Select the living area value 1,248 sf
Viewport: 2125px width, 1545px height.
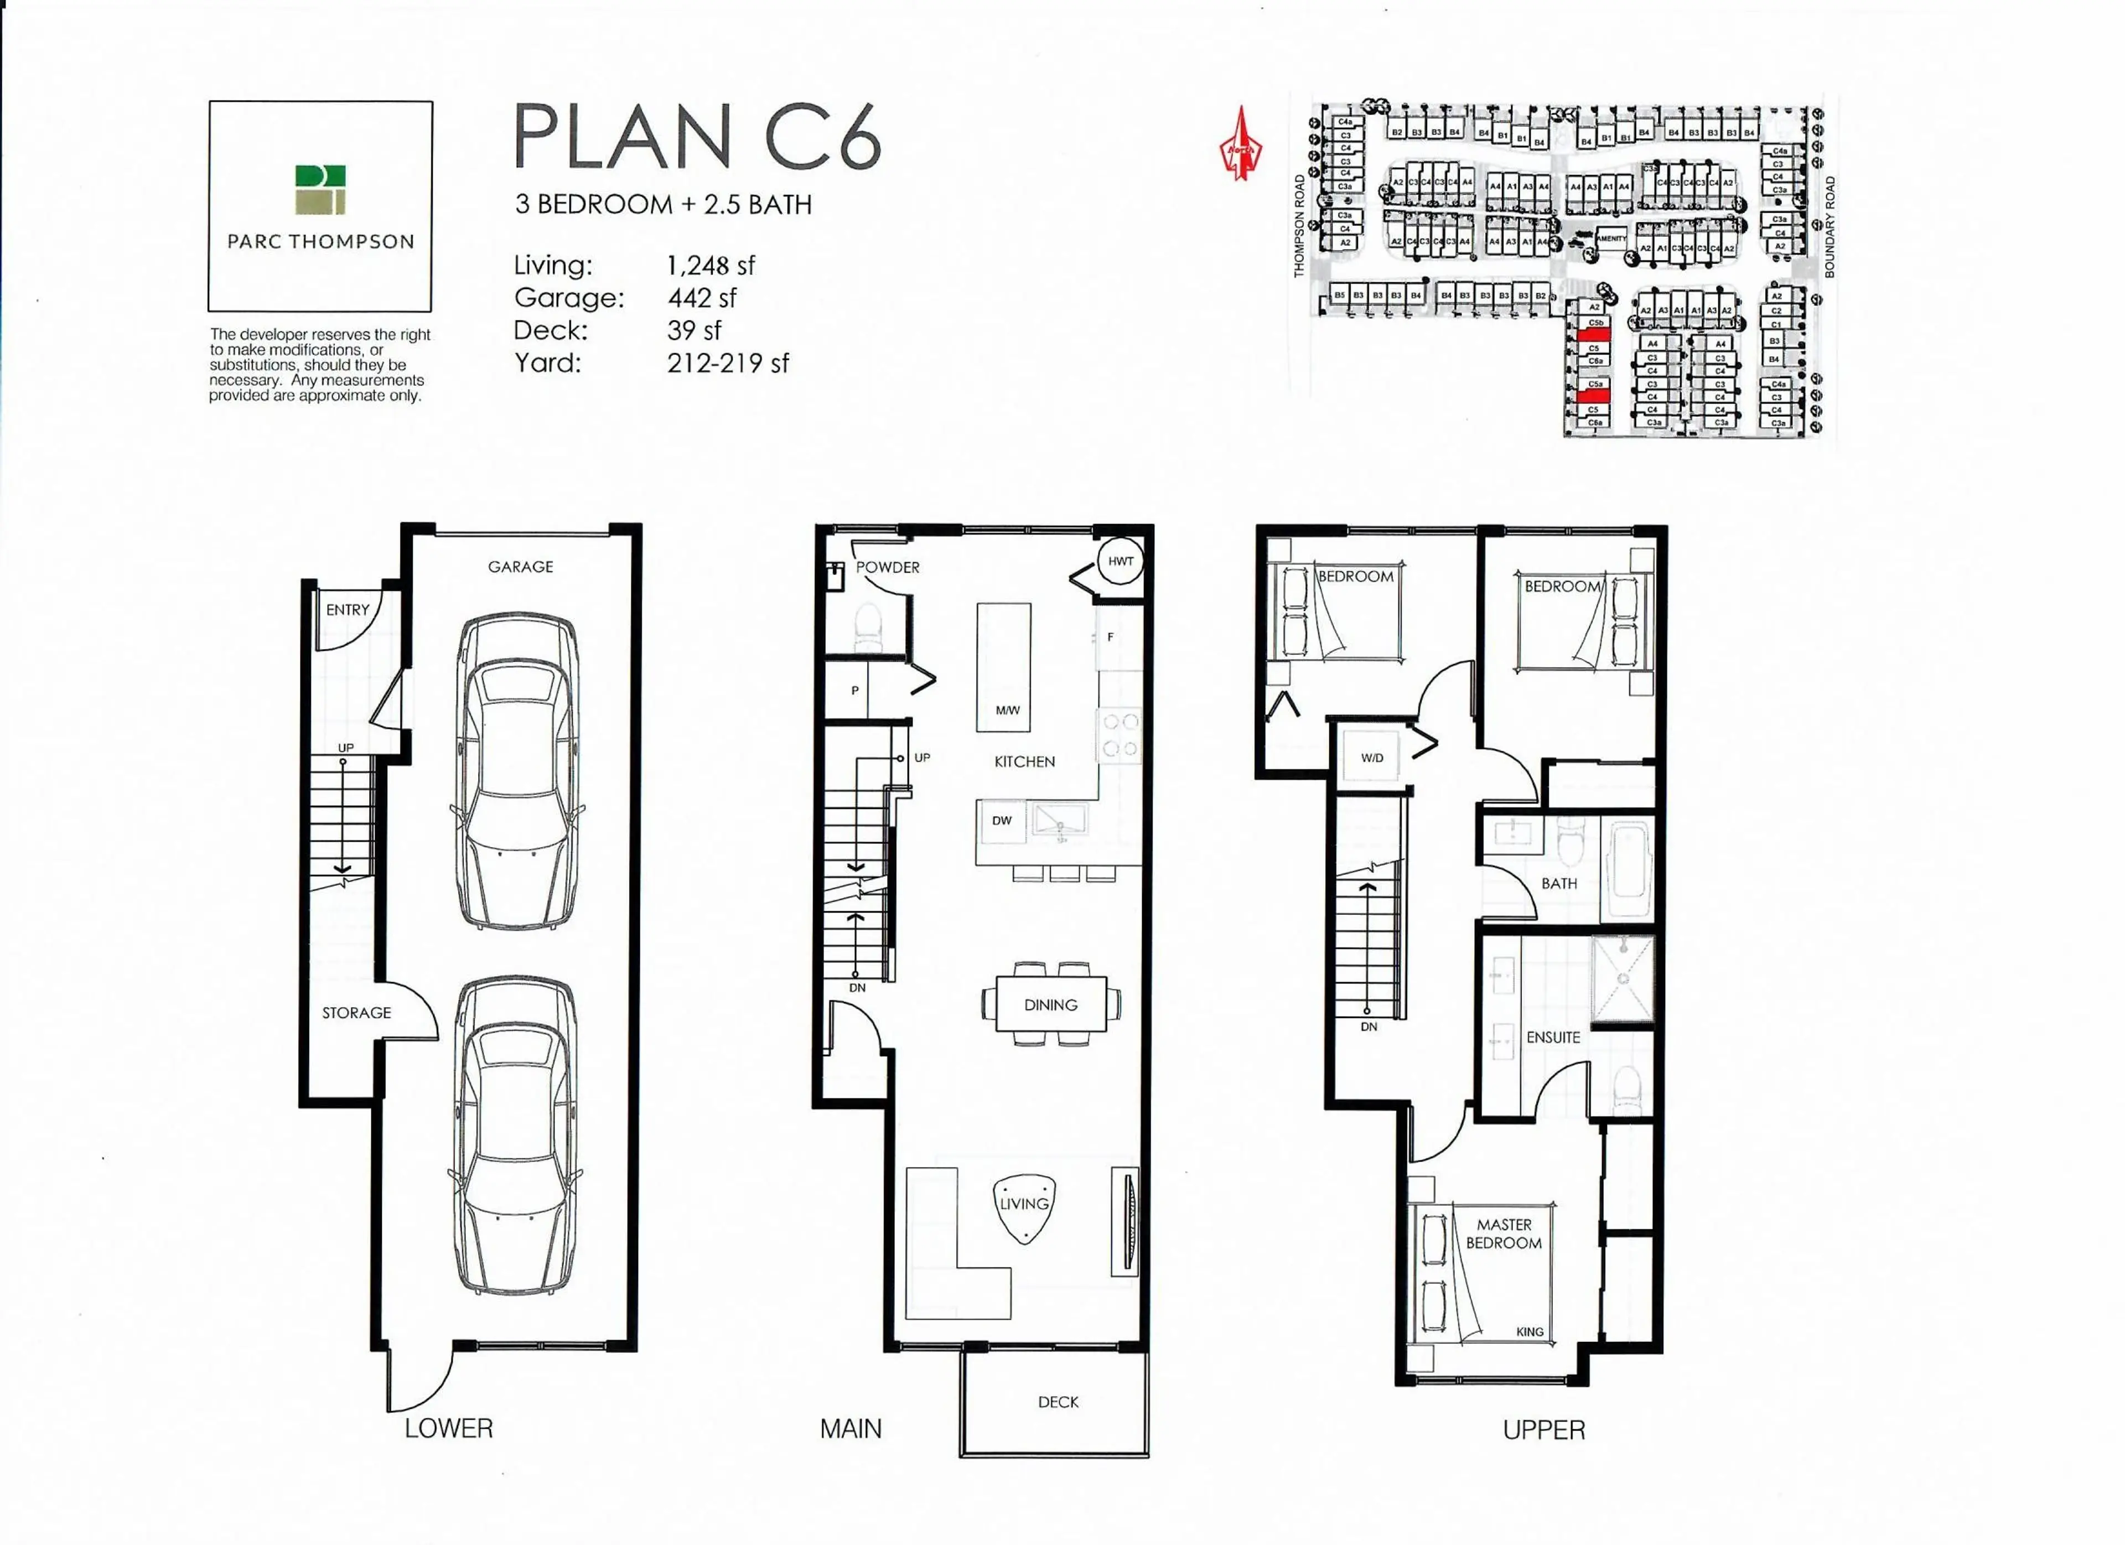(x=710, y=266)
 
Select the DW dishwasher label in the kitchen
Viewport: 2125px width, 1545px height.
(x=1002, y=821)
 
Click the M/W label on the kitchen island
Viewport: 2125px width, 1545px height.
(x=1007, y=710)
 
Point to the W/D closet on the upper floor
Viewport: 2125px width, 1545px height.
(x=1372, y=757)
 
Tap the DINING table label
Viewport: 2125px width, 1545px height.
(x=1050, y=1004)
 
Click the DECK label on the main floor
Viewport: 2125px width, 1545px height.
(x=1058, y=1402)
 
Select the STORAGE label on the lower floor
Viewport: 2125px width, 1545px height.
(x=356, y=1013)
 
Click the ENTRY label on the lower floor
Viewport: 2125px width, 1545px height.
(x=348, y=610)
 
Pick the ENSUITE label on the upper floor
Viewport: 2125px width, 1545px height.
(x=1553, y=1037)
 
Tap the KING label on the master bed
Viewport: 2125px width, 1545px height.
(x=1529, y=1331)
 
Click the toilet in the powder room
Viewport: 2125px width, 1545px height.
(x=869, y=626)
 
